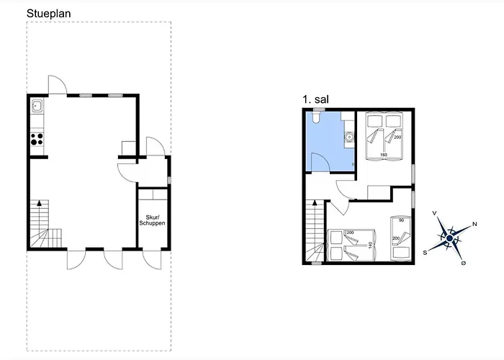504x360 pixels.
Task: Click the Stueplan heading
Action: pyautogui.click(x=48, y=14)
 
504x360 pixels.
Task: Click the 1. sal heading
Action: pyautogui.click(x=315, y=99)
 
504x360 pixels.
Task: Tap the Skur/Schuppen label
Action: pyautogui.click(x=152, y=220)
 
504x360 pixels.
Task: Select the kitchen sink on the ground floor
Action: pyautogui.click(x=37, y=106)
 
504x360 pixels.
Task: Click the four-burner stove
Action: pyautogui.click(x=37, y=139)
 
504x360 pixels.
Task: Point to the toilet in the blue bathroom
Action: pyautogui.click(x=316, y=117)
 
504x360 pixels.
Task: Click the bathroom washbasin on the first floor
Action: pyautogui.click(x=349, y=138)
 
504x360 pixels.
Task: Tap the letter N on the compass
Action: pyautogui.click(x=474, y=225)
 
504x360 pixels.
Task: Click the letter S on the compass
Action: pyautogui.click(x=425, y=253)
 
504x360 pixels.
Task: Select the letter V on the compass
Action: pyautogui.click(x=435, y=213)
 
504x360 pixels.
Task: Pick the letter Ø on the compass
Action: pyautogui.click(x=464, y=263)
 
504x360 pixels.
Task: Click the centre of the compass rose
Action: pyautogui.click(x=450, y=238)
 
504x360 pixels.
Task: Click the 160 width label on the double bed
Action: pyautogui.click(x=384, y=155)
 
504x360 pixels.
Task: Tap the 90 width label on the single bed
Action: pyautogui.click(x=401, y=220)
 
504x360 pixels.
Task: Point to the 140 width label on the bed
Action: pyautogui.click(x=370, y=246)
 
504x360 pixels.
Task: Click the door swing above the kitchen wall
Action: pyautogui.click(x=58, y=84)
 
